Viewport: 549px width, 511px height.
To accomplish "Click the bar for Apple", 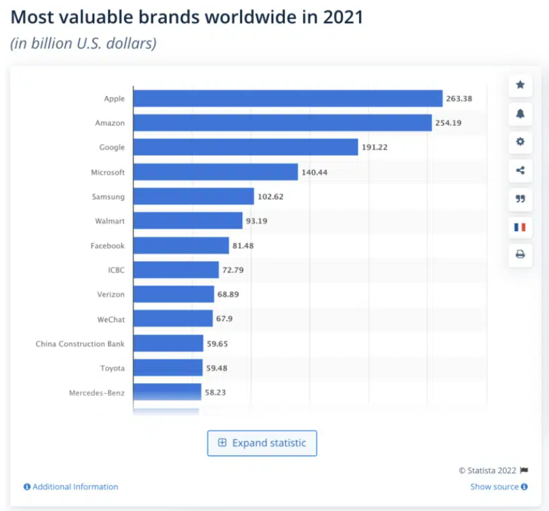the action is [288, 99].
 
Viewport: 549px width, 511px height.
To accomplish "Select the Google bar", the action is [246, 147].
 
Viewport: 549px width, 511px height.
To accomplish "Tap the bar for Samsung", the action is [193, 196].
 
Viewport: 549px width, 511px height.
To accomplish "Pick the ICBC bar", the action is [176, 270].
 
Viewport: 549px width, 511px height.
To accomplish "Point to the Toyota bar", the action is [168, 368].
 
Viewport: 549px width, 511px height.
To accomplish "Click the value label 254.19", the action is [448, 123].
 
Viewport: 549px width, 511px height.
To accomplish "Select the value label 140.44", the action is [314, 172].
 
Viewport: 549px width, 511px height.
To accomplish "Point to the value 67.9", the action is [224, 318].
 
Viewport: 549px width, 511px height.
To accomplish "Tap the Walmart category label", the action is [110, 221].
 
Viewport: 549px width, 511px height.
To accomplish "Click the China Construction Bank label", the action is [80, 343].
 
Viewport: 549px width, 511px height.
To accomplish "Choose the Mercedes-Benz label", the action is [97, 393].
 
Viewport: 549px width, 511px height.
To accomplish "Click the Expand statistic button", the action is [262, 443].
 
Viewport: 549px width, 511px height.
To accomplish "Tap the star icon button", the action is [521, 84].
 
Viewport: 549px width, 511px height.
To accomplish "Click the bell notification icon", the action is [521, 114].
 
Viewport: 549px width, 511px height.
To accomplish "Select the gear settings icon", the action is [521, 142].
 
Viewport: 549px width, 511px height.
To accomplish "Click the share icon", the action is [521, 170].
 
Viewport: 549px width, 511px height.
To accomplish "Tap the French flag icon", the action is [521, 227].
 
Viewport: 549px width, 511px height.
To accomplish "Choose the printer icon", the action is [521, 254].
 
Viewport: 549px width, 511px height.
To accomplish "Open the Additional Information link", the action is [71, 487].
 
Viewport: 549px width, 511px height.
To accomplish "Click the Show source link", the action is [499, 487].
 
